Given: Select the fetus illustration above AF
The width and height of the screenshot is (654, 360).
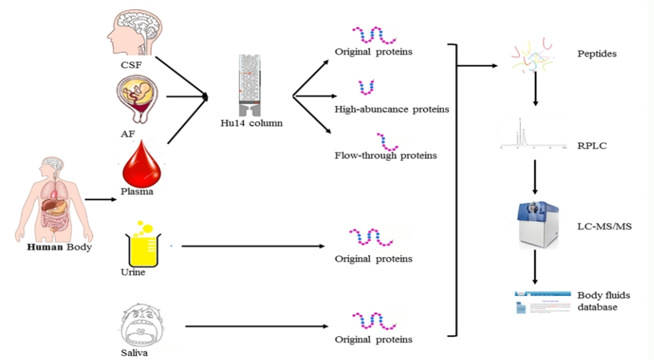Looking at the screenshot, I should [139, 98].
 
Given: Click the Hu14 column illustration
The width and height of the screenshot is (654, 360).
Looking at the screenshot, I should [251, 82].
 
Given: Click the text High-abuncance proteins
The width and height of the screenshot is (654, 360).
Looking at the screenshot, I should [391, 109].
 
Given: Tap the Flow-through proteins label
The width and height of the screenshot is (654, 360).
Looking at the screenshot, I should [386, 156].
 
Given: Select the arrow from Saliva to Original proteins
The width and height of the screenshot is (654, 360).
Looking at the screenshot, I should [256, 325].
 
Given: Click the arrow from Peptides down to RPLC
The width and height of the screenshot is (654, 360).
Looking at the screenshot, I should [536, 92].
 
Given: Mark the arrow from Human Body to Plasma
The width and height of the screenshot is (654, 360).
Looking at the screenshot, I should [100, 199].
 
